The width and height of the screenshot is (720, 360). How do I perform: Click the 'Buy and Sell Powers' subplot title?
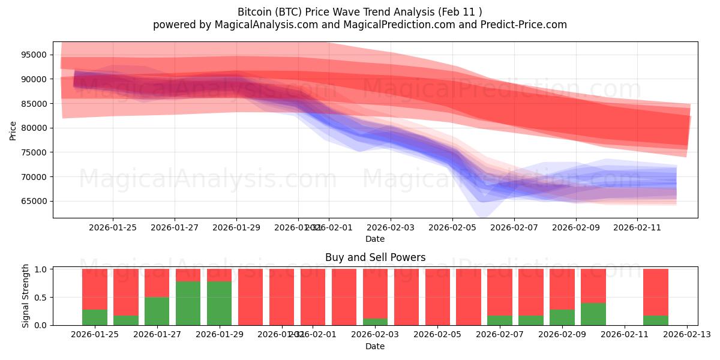375,257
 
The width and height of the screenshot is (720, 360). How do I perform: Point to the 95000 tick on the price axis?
34,55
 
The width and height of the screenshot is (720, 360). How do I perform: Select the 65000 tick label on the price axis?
34,201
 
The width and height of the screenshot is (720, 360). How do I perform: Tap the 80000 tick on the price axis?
34,128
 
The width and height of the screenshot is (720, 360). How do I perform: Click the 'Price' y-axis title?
13,130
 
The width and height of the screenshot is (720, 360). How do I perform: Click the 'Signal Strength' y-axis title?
25,296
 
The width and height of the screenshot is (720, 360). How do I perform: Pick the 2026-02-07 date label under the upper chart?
514,227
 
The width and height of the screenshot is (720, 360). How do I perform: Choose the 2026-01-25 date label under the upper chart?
113,227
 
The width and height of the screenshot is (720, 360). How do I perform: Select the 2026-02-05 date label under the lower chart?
437,334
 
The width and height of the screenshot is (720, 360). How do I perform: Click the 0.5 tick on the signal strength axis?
40,298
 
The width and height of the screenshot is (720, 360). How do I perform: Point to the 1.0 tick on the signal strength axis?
40,269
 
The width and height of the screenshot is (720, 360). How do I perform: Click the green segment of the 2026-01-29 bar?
220,303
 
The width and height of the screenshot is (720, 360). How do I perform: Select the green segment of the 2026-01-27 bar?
157,311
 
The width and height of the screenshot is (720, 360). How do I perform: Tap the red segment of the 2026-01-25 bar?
95,289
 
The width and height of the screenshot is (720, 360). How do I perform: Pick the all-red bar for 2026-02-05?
438,297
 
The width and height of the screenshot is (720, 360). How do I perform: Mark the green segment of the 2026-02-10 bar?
593,314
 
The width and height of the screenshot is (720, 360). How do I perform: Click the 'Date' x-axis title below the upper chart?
375,239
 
